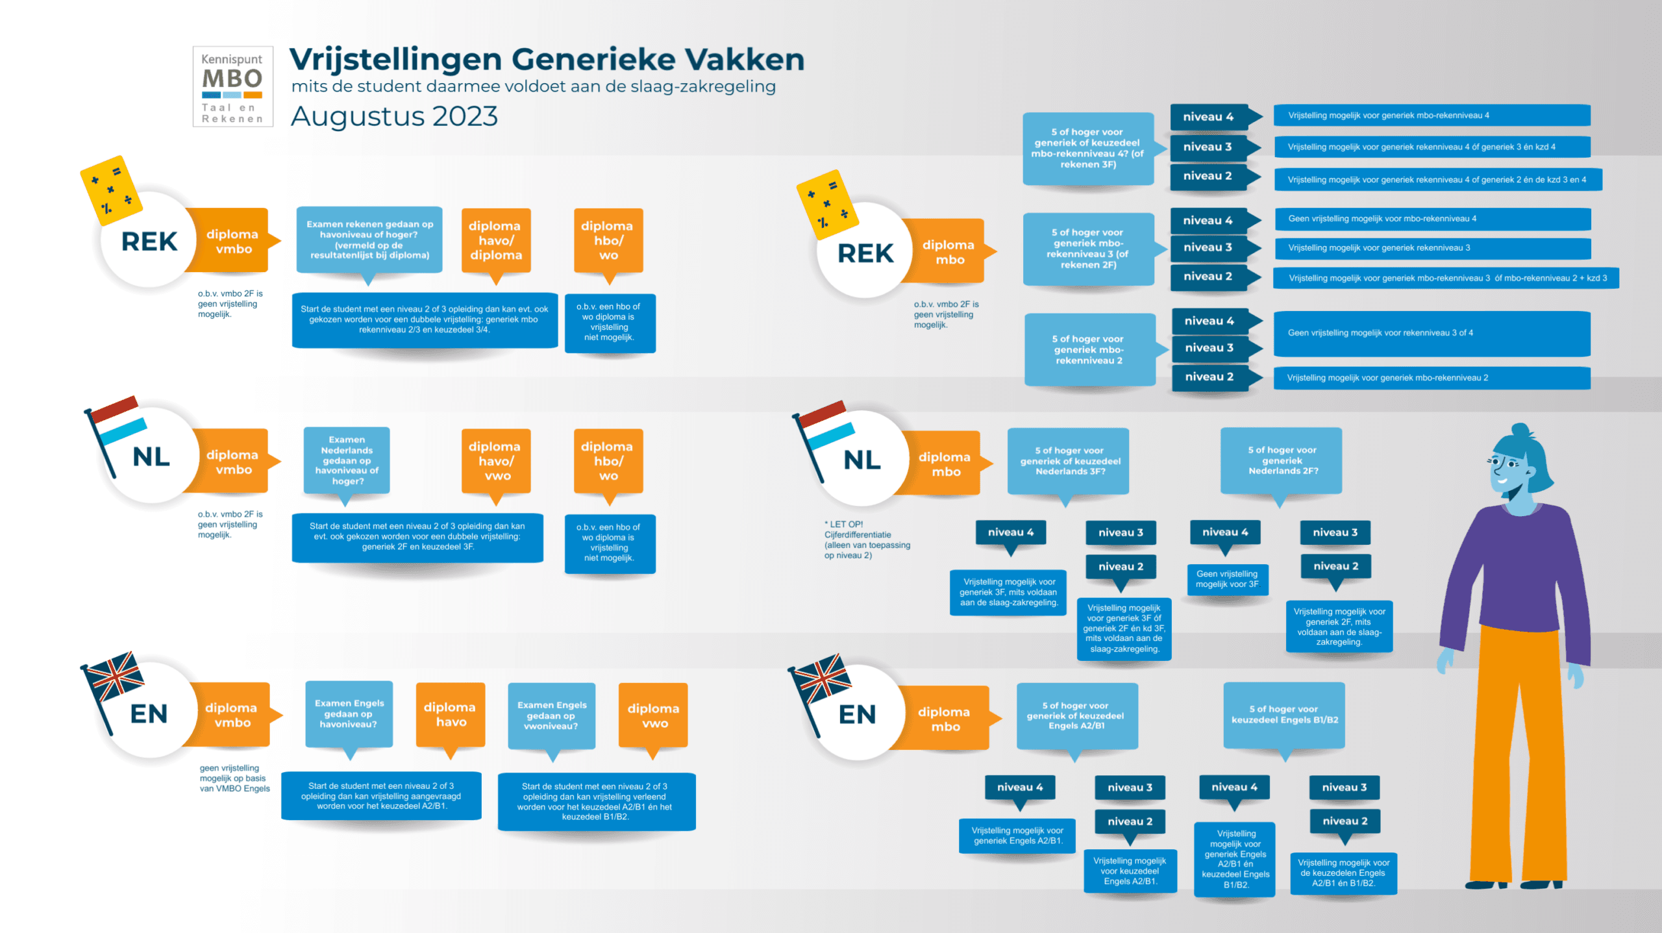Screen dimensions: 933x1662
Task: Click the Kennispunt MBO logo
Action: [x=232, y=86]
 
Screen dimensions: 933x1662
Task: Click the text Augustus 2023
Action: [x=393, y=117]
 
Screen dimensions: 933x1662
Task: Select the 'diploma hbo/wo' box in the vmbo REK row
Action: [x=608, y=241]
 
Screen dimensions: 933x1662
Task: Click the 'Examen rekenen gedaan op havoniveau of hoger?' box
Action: [x=369, y=240]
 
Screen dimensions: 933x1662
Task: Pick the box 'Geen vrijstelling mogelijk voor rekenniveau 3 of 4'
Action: [x=1431, y=333]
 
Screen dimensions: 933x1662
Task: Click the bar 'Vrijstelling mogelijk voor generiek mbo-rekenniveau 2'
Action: [x=1431, y=378]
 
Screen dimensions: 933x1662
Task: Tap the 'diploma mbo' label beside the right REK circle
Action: [x=948, y=252]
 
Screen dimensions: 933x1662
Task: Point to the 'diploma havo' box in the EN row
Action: [x=450, y=714]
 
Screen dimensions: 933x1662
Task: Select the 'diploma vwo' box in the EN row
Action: [x=653, y=715]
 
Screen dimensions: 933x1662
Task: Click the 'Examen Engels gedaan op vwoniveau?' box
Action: [x=551, y=715]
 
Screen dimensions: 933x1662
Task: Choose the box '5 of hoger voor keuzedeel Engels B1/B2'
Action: [x=1284, y=715]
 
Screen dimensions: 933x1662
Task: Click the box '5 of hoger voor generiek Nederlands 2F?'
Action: [x=1281, y=460]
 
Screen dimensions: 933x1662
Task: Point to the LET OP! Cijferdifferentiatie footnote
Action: [x=866, y=540]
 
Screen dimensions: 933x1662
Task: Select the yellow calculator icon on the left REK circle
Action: [x=110, y=189]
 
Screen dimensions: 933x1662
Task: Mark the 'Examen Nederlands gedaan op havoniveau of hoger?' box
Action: [x=347, y=460]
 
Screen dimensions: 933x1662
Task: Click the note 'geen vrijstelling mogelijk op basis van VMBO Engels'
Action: [x=234, y=778]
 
